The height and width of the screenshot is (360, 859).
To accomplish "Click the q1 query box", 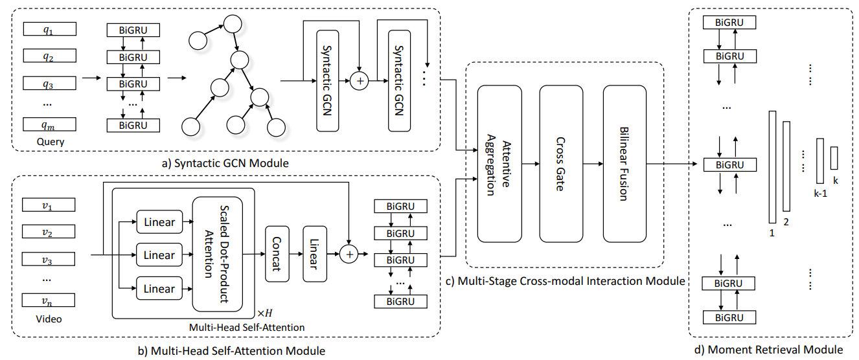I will point(49,29).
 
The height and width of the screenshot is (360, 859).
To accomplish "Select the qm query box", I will point(49,124).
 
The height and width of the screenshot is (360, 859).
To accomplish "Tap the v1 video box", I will point(49,205).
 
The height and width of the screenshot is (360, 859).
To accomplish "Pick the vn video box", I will point(49,300).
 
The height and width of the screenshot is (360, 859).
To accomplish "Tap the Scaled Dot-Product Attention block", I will point(218,254).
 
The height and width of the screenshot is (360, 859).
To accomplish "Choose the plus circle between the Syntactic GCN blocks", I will point(360,82).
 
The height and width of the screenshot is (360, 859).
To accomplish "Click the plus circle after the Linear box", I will point(350,254).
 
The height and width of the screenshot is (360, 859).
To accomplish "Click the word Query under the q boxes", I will point(49,141).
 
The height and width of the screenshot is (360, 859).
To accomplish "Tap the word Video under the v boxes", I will point(49,318).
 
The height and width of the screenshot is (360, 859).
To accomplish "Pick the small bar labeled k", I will point(834,158).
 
